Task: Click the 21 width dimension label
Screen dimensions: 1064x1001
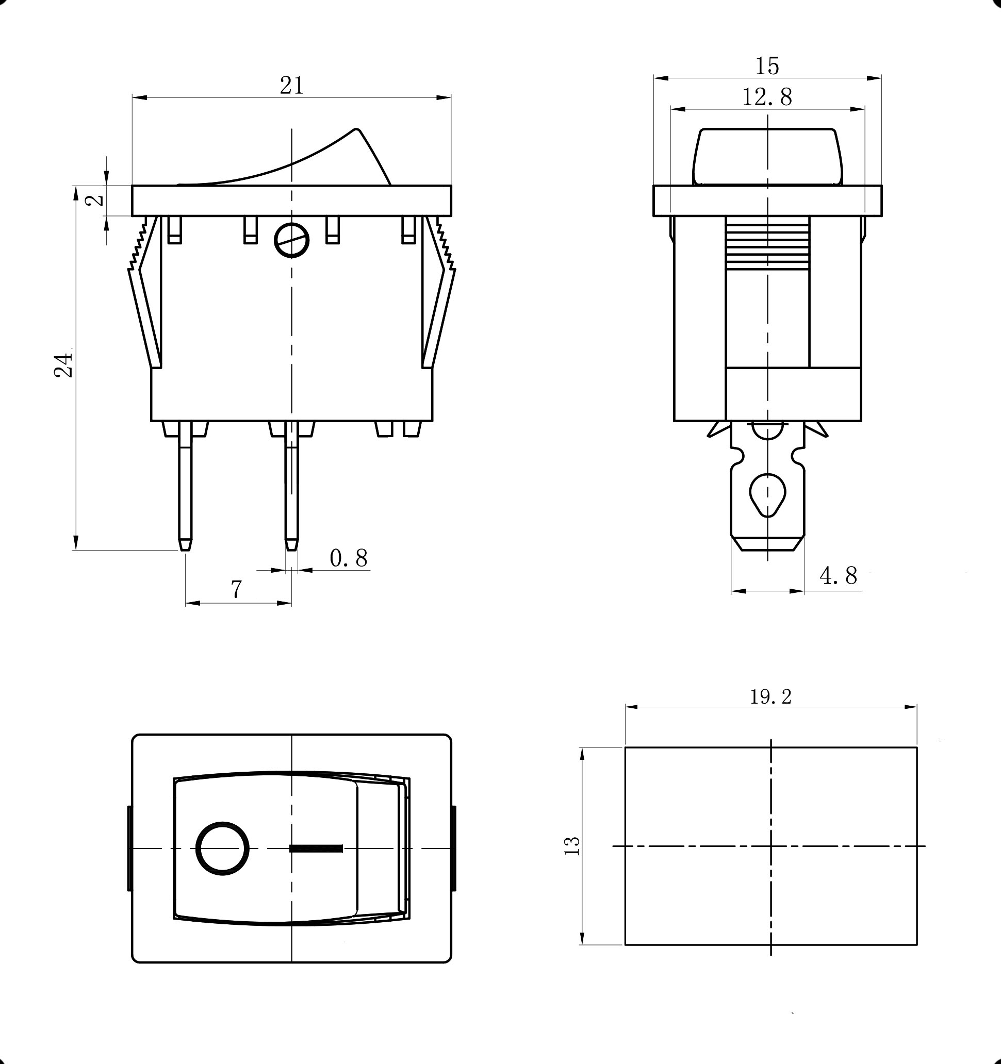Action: point(292,86)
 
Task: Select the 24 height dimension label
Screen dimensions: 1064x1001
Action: point(64,365)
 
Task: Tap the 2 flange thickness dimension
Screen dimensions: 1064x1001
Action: point(95,200)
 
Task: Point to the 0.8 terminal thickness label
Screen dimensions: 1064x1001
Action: point(349,558)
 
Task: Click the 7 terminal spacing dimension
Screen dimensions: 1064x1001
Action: point(237,589)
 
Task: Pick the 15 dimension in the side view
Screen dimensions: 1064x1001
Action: point(767,66)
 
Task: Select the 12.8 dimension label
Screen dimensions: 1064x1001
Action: point(767,97)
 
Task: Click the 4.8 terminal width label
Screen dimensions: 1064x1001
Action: point(838,576)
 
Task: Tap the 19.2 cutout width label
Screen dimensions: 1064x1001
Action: point(770,697)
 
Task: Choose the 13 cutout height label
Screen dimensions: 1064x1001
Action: point(572,845)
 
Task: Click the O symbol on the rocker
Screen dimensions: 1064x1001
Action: point(223,849)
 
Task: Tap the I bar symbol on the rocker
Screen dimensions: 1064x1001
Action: point(316,849)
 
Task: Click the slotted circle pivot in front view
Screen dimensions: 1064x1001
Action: point(292,240)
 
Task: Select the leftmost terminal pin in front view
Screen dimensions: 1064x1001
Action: point(185,487)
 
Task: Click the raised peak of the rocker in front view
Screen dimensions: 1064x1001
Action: point(356,131)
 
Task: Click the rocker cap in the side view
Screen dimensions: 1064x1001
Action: point(767,156)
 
